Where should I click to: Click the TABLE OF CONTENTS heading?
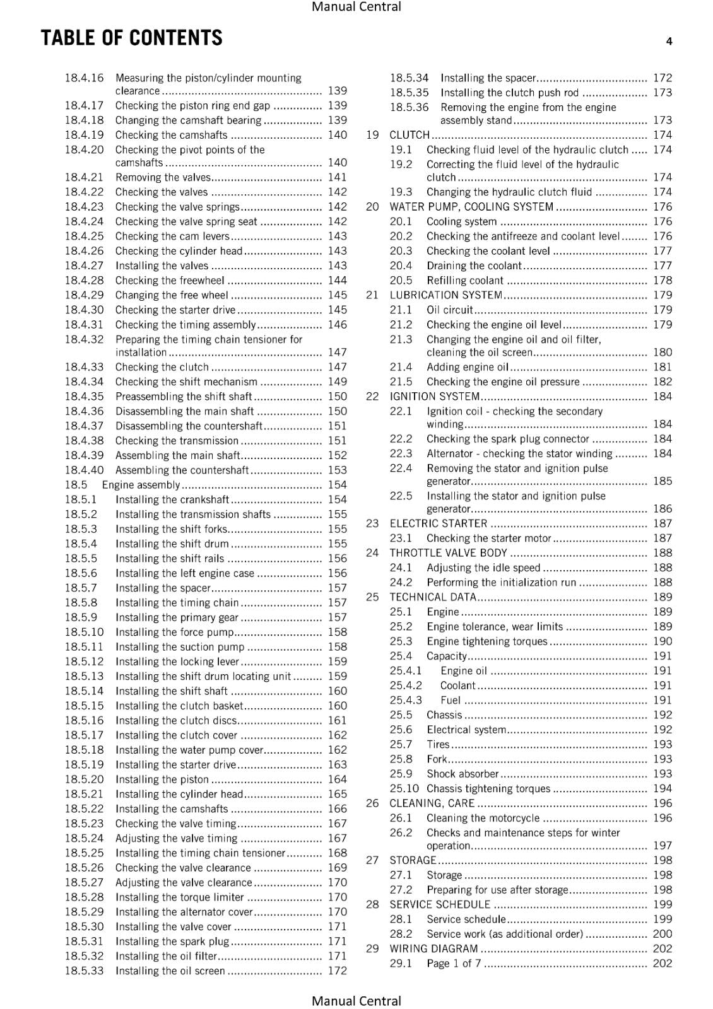coord(131,38)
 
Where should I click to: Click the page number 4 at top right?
coord(669,42)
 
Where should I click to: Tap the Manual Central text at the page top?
coord(356,7)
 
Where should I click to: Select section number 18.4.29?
coord(84,295)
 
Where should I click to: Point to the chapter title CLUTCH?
coord(410,135)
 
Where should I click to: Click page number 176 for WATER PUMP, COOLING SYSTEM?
coord(663,207)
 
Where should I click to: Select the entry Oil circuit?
coord(449,310)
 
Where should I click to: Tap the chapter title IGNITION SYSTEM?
coord(435,397)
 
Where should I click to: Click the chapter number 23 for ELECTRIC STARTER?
coord(372,523)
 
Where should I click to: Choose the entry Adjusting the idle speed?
coord(483,568)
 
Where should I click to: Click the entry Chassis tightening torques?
coord(488,788)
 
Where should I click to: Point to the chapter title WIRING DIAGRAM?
coord(433,948)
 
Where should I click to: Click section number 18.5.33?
coord(84,971)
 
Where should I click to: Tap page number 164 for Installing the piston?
coord(337,779)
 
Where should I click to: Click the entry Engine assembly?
coord(141,485)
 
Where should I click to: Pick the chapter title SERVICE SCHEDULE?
coord(440,904)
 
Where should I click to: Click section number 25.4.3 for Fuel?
coord(406,700)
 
